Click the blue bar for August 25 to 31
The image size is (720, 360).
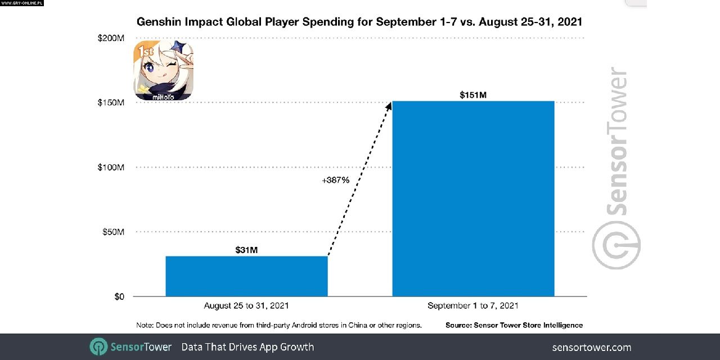[x=246, y=276]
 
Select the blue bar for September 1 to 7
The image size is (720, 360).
[x=473, y=199]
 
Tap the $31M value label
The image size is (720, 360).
[x=246, y=250]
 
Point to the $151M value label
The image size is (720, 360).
[x=473, y=94]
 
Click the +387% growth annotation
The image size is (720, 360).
[x=336, y=180]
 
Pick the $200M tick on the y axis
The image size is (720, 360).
[x=111, y=38]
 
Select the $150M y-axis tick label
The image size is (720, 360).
[x=111, y=103]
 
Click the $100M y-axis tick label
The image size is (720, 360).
[x=111, y=168]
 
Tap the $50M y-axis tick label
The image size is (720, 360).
[x=113, y=232]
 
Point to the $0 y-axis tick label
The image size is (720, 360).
[x=119, y=296]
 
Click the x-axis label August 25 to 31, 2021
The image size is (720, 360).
[x=246, y=306]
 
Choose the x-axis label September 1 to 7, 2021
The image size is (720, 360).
[x=473, y=306]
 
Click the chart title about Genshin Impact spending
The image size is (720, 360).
[x=360, y=22]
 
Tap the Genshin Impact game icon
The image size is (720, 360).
[x=163, y=71]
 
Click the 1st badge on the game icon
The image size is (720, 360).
[x=145, y=52]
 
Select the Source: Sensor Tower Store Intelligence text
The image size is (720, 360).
[x=514, y=325]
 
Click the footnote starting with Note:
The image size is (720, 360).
[x=279, y=325]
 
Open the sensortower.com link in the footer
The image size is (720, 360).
[x=592, y=347]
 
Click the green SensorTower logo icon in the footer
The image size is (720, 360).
[x=98, y=346]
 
